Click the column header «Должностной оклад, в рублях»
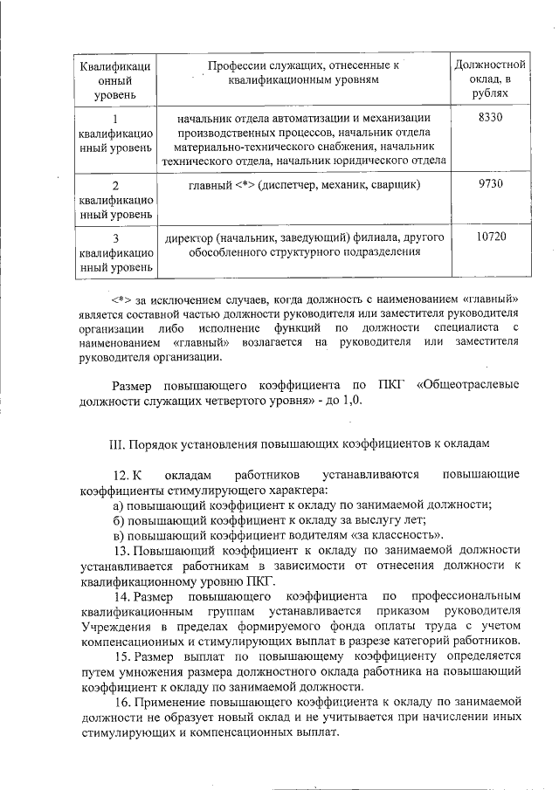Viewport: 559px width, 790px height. click(x=490, y=79)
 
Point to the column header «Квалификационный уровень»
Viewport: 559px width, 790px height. click(x=114, y=79)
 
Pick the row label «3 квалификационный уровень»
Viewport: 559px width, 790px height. click(x=114, y=252)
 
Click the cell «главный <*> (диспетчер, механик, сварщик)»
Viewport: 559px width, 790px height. click(x=304, y=185)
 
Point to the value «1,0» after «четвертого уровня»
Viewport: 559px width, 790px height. click(x=350, y=401)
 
